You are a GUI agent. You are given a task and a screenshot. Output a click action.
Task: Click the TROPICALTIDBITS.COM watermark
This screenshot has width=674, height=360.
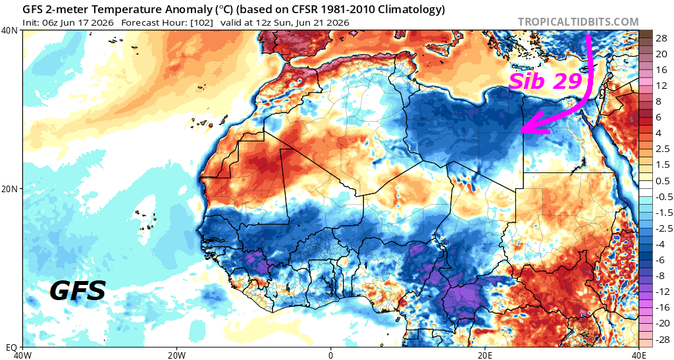tap(578, 22)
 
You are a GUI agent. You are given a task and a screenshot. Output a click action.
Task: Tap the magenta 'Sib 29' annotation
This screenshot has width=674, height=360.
tap(545, 81)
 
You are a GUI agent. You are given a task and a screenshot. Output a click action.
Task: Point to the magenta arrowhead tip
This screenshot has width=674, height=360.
tap(521, 129)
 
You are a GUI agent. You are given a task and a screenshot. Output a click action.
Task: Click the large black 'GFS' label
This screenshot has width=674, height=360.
tap(78, 291)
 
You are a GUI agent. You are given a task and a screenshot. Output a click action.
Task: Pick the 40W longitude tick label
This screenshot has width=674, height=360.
tap(22, 355)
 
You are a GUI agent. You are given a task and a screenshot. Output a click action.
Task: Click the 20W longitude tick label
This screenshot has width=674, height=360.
tap(176, 355)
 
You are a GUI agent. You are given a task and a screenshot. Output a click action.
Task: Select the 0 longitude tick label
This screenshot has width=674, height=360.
tap(330, 355)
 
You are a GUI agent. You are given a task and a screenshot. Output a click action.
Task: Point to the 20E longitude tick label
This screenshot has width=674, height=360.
tap(485, 355)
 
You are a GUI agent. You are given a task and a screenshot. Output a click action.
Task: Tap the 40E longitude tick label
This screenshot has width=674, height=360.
tap(638, 355)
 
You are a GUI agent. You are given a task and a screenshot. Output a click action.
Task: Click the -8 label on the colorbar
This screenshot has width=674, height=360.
tap(660, 276)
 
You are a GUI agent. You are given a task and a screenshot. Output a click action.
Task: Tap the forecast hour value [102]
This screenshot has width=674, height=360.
tap(203, 22)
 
